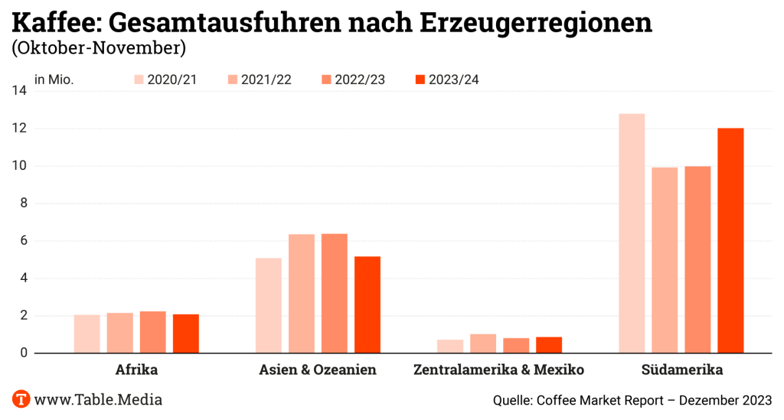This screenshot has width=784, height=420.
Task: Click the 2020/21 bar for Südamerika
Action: (632, 233)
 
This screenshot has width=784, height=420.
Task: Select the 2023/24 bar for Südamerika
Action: (730, 240)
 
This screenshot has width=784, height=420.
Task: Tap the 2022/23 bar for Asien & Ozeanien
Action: (335, 293)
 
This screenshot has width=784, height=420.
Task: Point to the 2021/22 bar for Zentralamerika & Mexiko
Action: (483, 343)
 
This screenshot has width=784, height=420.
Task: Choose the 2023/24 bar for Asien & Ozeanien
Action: (367, 304)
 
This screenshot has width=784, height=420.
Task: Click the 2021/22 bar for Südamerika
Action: (665, 260)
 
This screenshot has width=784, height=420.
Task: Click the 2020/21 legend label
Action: (172, 80)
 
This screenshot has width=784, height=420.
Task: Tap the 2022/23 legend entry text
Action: (359, 80)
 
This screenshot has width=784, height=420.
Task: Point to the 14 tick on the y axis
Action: (19, 91)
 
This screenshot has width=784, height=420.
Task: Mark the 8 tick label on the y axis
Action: (23, 203)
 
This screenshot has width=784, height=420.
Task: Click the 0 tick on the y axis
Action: (23, 353)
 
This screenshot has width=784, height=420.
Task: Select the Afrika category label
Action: (136, 370)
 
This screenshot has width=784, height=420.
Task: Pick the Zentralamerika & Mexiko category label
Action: (498, 370)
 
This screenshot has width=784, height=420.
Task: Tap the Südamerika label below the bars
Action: (681, 370)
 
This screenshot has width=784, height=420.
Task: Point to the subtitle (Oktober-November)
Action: (98, 48)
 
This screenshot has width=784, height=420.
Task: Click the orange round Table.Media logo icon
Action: (21, 399)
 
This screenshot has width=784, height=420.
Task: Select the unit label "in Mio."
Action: (54, 80)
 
